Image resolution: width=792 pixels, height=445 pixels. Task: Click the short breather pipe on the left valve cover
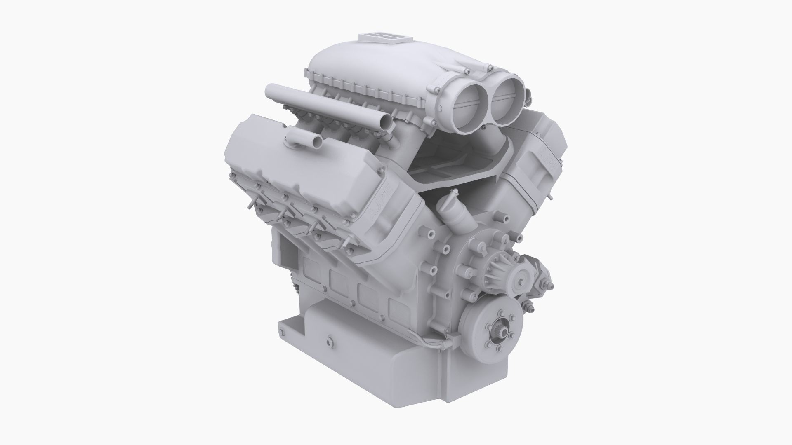pyautogui.click(x=317, y=142)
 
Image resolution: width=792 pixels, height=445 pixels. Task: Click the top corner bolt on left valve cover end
pyautogui.click(x=380, y=169)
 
